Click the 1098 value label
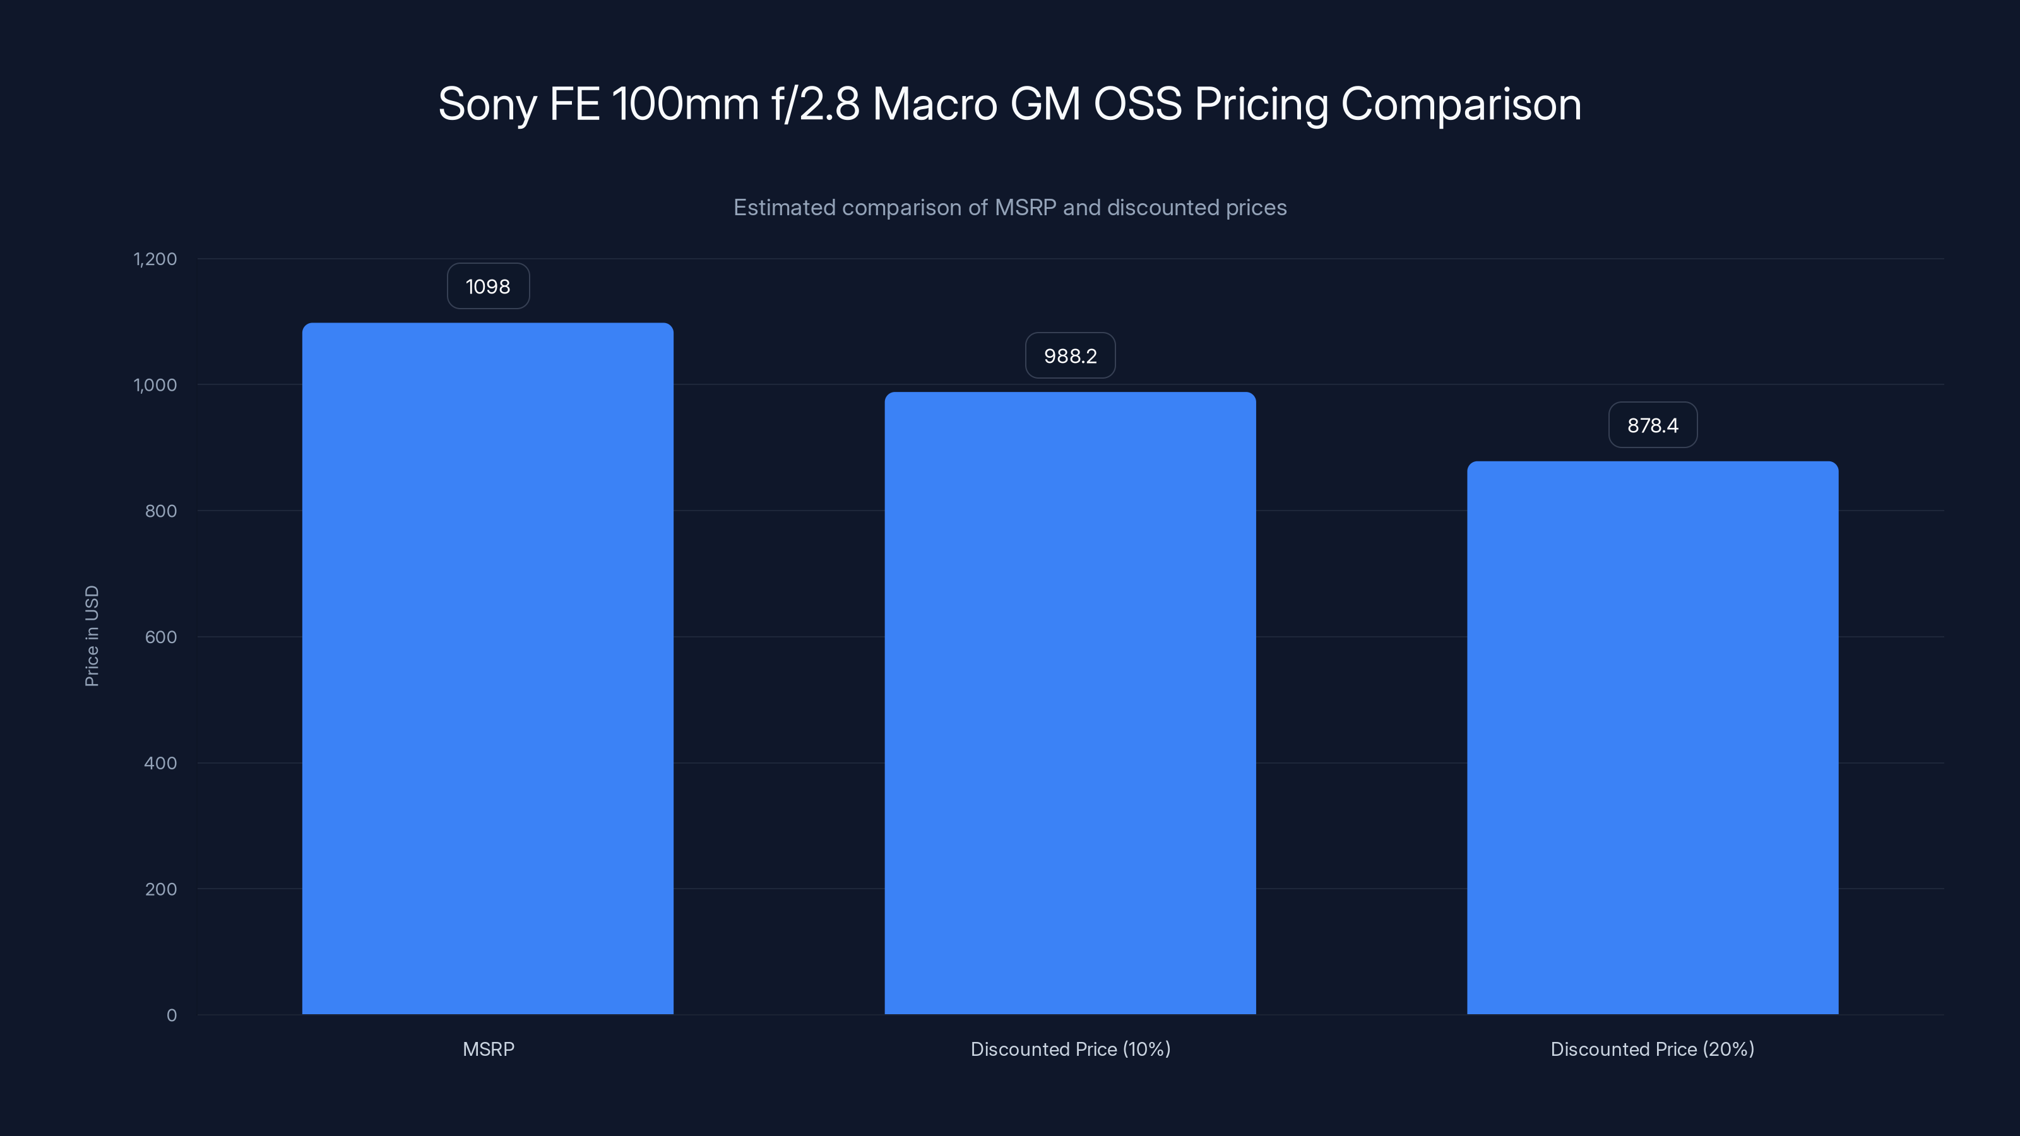point(488,286)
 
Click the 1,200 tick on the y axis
point(155,259)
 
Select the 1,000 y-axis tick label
point(155,385)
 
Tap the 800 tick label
point(161,511)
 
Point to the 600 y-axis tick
point(161,637)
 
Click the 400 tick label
point(161,763)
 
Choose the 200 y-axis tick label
point(161,889)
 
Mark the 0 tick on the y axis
point(172,1015)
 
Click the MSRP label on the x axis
point(488,1049)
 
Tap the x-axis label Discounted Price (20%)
point(1652,1049)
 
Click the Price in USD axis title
point(92,636)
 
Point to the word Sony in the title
point(486,104)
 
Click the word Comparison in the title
point(1460,104)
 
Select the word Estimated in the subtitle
point(783,208)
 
